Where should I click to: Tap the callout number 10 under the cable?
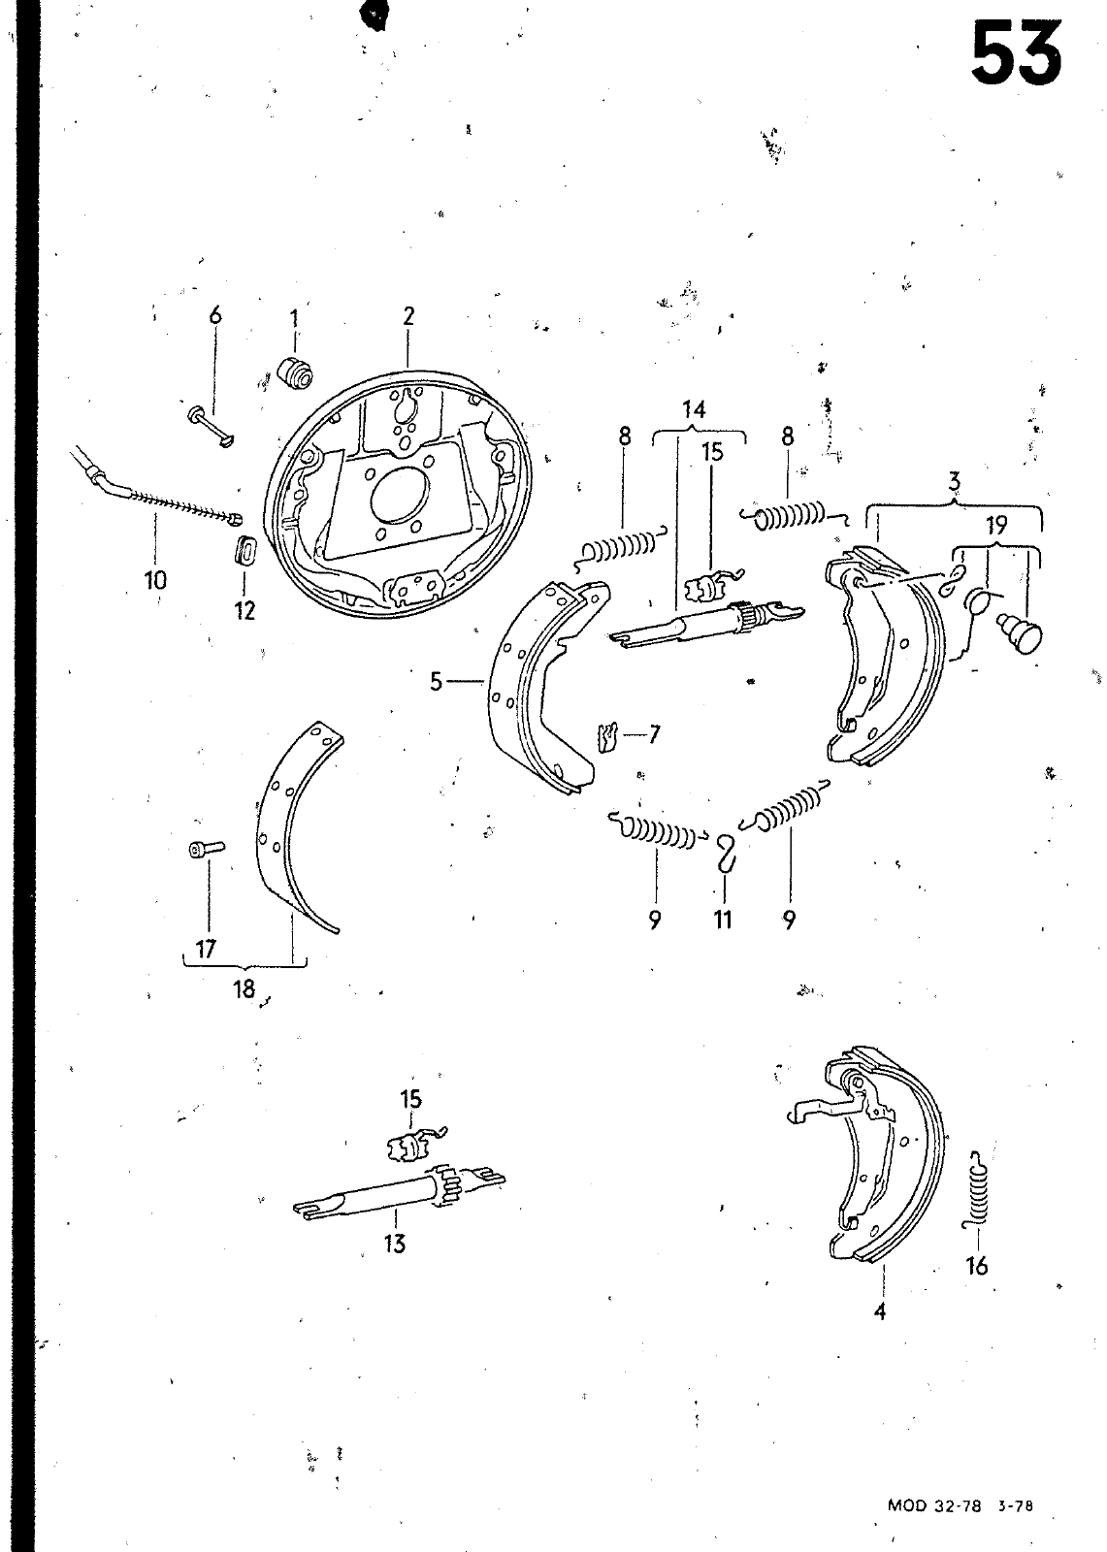[156, 579]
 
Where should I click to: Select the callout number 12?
[244, 610]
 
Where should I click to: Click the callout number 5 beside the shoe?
[436, 682]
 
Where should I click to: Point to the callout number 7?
[653, 733]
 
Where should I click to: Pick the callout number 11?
[722, 921]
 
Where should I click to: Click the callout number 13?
[395, 1244]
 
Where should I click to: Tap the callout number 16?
[977, 1267]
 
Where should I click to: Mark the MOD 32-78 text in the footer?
[933, 1525]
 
